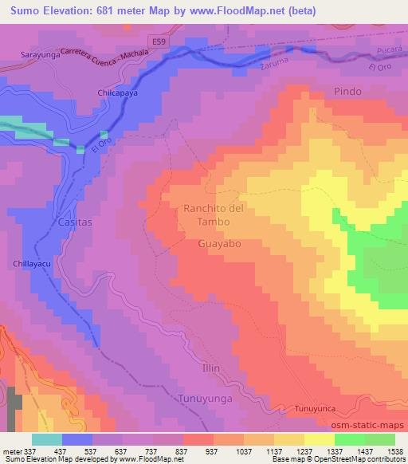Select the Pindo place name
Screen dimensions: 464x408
[347, 91]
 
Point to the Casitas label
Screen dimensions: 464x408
[76, 223]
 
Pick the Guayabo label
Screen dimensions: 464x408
[218, 245]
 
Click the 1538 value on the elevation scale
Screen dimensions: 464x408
[395, 450]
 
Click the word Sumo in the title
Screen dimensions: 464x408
[29, 11]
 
